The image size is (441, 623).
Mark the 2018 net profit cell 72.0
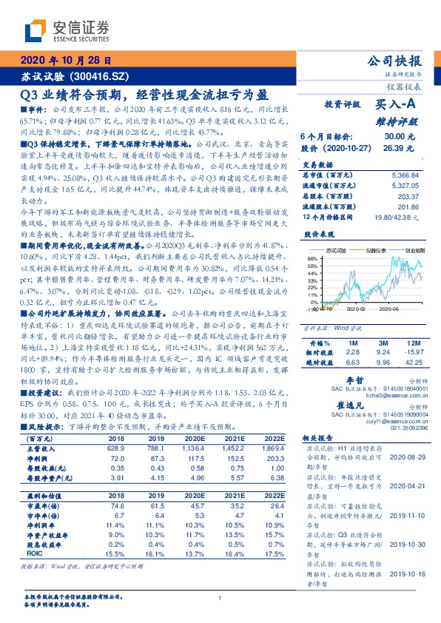tap(124, 458)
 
